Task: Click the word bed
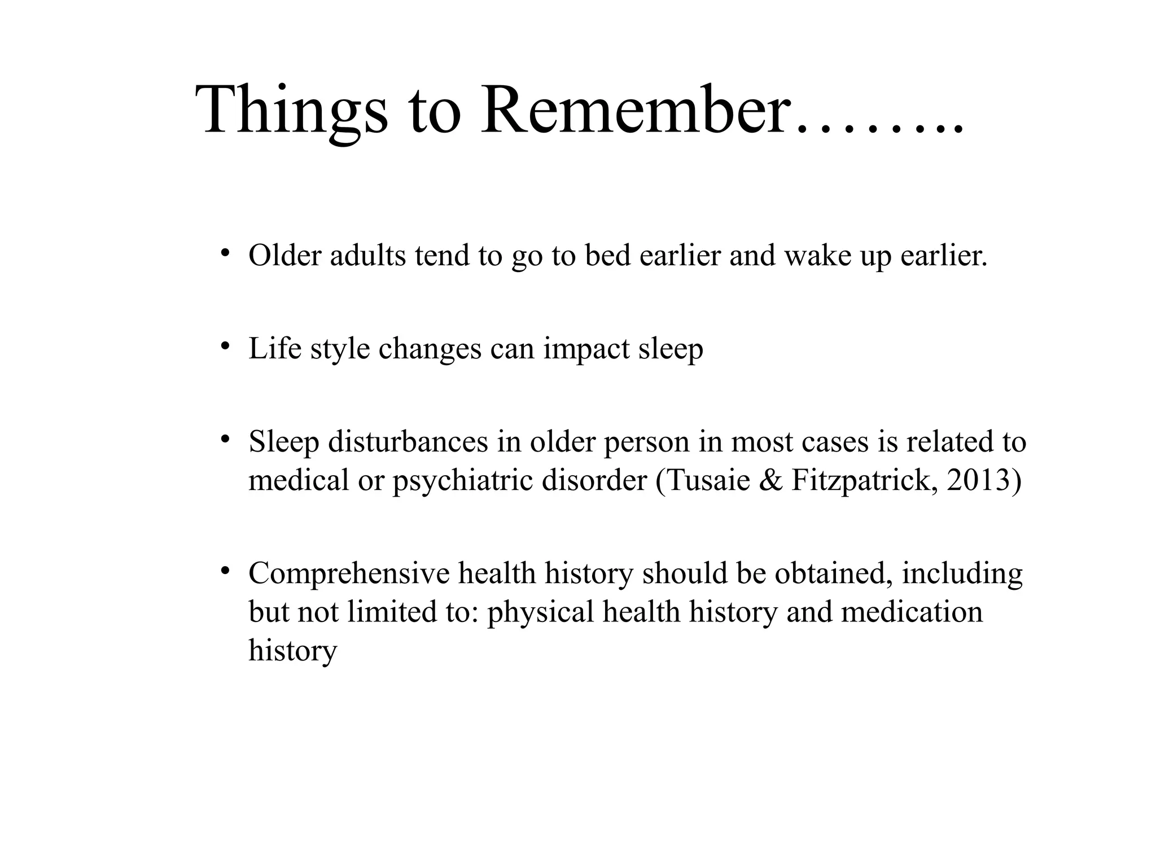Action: point(607,256)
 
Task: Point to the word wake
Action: point(817,256)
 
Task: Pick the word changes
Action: point(430,349)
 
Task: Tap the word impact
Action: point(586,349)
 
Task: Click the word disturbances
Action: point(408,442)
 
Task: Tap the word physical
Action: point(540,612)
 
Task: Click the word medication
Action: point(912,612)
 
